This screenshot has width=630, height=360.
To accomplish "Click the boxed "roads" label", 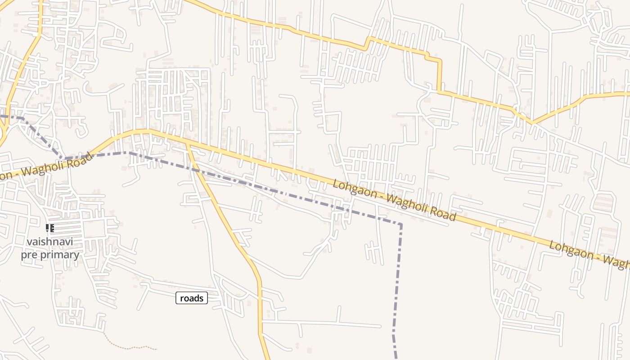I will click(x=192, y=298).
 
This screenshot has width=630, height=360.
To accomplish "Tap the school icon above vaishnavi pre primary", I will click(x=49, y=228).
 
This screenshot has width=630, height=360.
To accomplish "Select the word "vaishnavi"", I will click(x=49, y=242).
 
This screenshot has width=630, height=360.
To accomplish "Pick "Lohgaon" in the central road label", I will click(x=354, y=189).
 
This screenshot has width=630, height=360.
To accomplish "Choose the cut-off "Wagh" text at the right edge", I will click(x=619, y=263).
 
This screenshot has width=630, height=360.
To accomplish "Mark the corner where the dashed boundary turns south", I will click(x=400, y=224).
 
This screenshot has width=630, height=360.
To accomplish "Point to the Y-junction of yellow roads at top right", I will click(x=532, y=122).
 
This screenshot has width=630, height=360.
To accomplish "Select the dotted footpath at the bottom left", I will click(x=130, y=346).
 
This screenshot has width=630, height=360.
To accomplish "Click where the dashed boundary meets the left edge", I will click(x=1, y=116).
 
